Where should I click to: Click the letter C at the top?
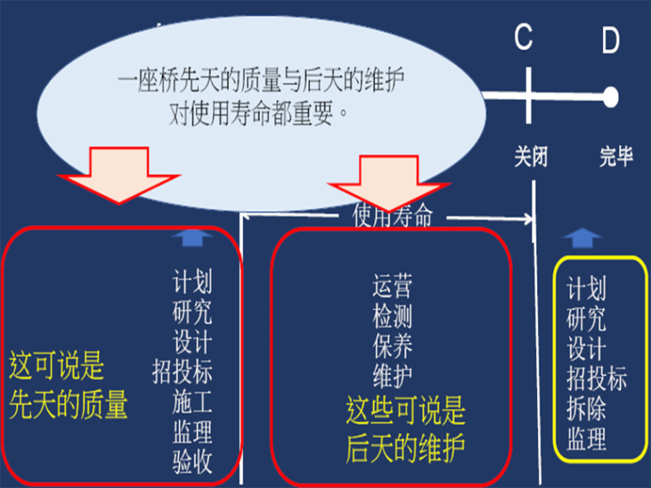(x=523, y=39)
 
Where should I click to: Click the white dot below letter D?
(x=610, y=97)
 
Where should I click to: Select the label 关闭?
(x=530, y=157)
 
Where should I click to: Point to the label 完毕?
(x=616, y=157)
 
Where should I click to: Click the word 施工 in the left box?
(x=193, y=402)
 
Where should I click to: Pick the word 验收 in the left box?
(x=193, y=462)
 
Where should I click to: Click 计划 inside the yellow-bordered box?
(x=587, y=289)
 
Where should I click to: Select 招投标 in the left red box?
(x=182, y=372)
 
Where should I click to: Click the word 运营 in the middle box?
(x=392, y=285)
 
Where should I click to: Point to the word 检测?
(x=392, y=316)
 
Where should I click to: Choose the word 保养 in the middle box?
(x=392, y=346)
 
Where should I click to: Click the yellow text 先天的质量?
(x=69, y=404)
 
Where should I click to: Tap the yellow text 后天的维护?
(x=406, y=445)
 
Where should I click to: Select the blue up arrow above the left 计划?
(x=190, y=239)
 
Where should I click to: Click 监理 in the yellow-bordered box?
(x=587, y=439)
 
